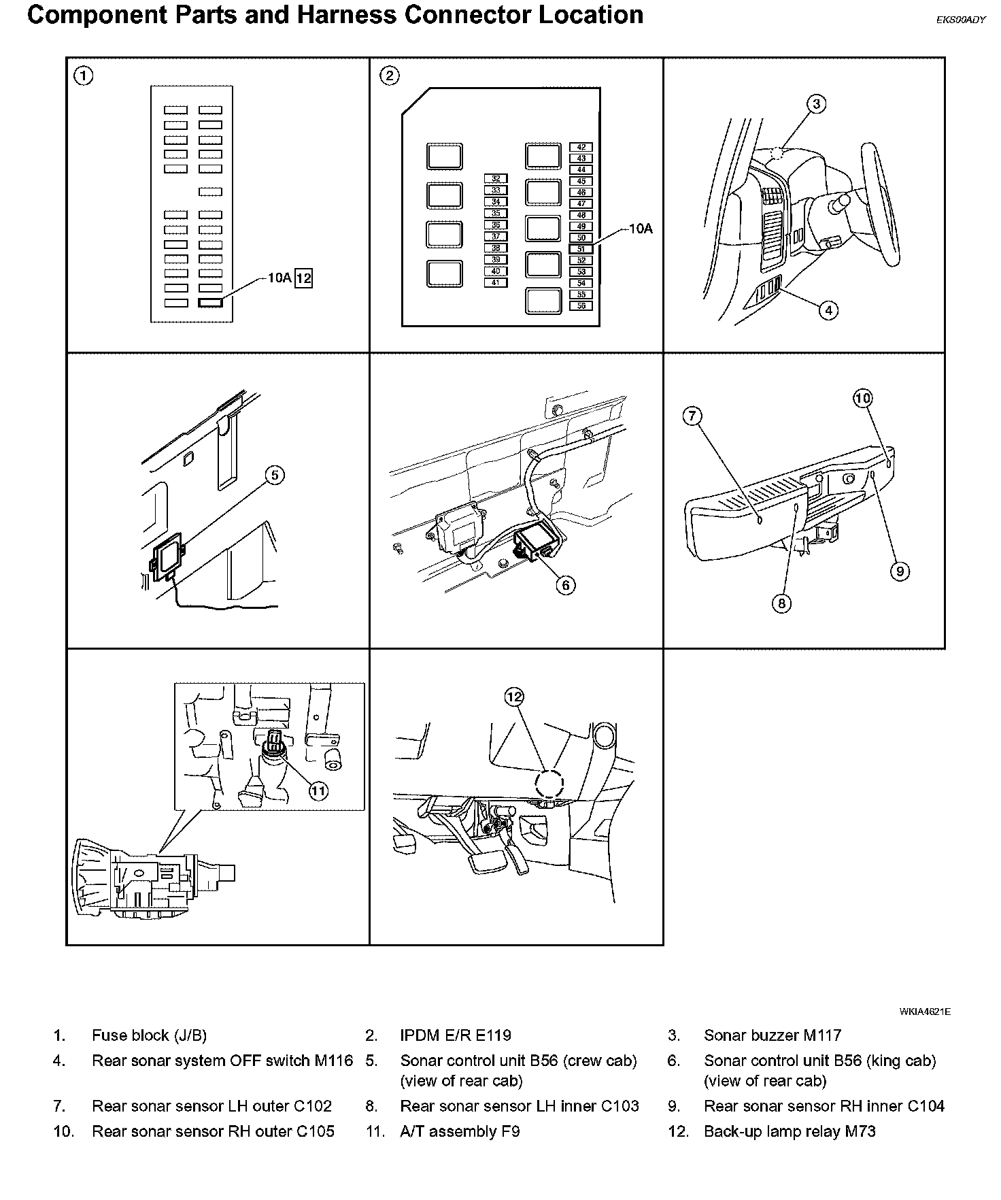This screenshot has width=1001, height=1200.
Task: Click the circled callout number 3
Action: tap(816, 104)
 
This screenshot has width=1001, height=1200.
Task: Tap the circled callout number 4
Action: tap(828, 311)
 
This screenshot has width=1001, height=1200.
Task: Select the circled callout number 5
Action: tap(274, 475)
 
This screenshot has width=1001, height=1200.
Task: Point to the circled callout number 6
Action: tap(565, 584)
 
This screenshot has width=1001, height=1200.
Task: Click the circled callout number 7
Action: tap(692, 416)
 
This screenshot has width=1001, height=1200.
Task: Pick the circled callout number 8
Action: tap(781, 603)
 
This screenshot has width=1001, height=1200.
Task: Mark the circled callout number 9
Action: tap(899, 571)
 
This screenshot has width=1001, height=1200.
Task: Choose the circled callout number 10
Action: tap(862, 398)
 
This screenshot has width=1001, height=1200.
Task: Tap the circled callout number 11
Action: tap(318, 790)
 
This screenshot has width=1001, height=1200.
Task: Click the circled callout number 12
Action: tap(514, 697)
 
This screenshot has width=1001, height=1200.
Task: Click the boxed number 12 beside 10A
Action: tap(303, 278)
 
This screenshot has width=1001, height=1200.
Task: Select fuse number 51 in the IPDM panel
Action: tap(581, 250)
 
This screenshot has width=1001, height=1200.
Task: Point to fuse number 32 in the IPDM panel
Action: tap(496, 179)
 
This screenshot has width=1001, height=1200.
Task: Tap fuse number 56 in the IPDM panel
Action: tap(581, 306)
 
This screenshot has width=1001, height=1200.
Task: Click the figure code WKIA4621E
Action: tap(924, 1012)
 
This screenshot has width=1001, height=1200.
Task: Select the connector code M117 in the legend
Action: tap(822, 1035)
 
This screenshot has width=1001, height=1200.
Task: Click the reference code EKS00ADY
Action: tap(960, 20)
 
